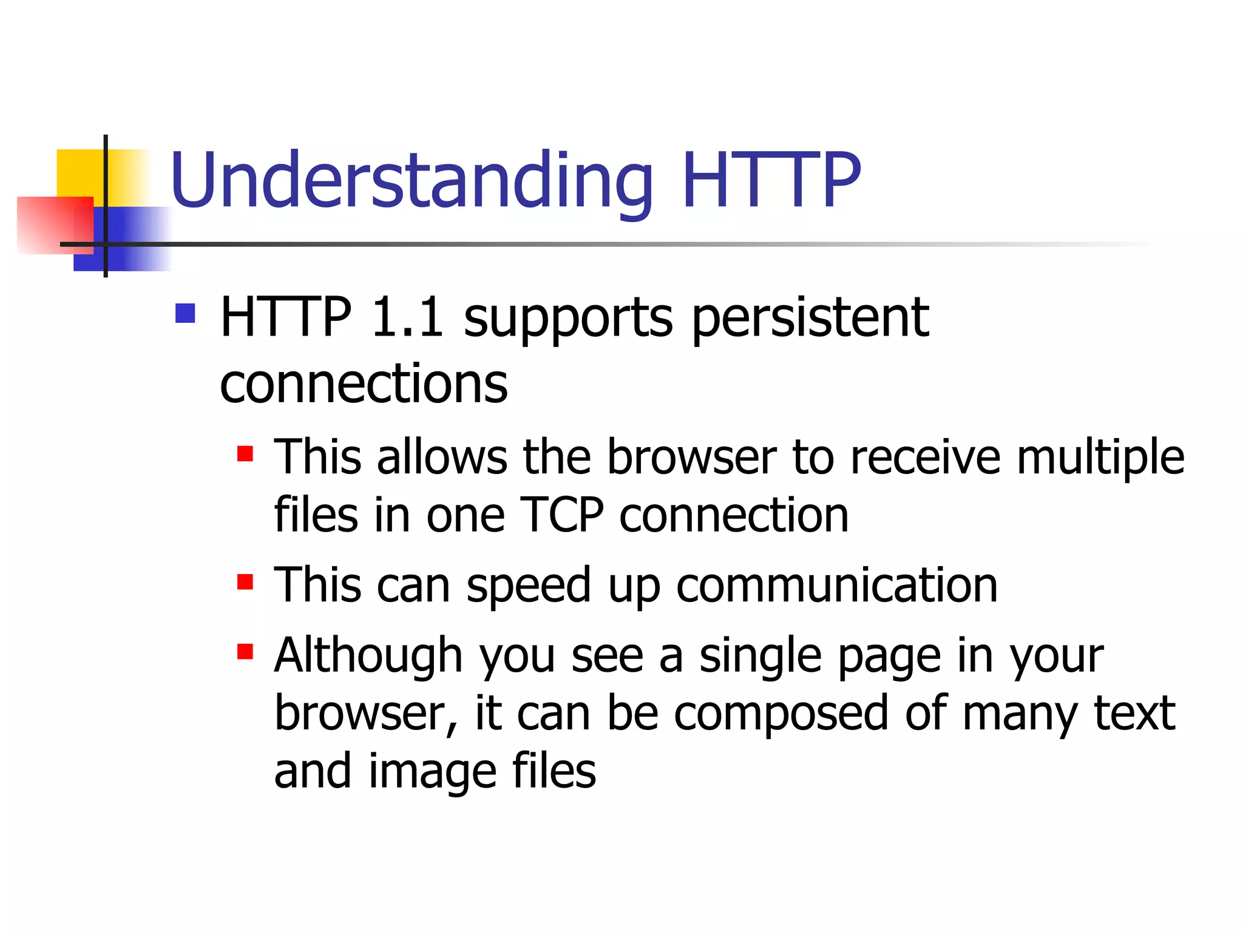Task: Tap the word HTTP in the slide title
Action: pyautogui.click(x=771, y=180)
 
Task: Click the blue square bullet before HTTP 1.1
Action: pyautogui.click(x=185, y=314)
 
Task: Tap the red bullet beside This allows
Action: pyautogui.click(x=245, y=454)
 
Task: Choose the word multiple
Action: pyautogui.click(x=1100, y=457)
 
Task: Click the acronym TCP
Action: pyautogui.click(x=562, y=515)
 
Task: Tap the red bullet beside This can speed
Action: pyautogui.click(x=245, y=582)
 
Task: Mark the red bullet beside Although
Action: pyautogui.click(x=245, y=652)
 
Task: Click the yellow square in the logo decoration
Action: pyautogui.click(x=79, y=173)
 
